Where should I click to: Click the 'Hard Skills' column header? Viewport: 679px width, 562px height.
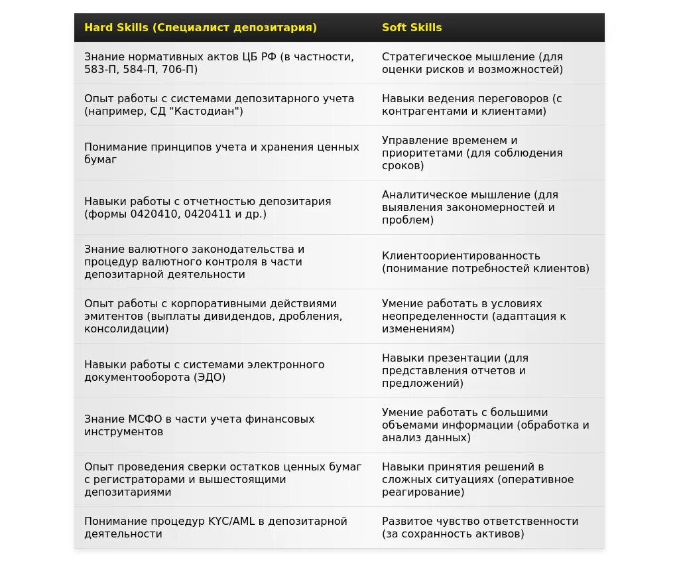point(200,28)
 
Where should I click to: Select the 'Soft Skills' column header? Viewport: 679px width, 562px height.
point(412,28)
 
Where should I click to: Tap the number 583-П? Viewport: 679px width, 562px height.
point(101,70)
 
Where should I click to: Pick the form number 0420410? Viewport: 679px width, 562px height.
point(155,214)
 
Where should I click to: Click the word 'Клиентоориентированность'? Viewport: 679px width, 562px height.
point(461,255)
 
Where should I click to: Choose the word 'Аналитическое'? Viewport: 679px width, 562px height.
point(424,194)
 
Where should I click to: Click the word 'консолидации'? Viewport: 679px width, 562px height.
point(126,329)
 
